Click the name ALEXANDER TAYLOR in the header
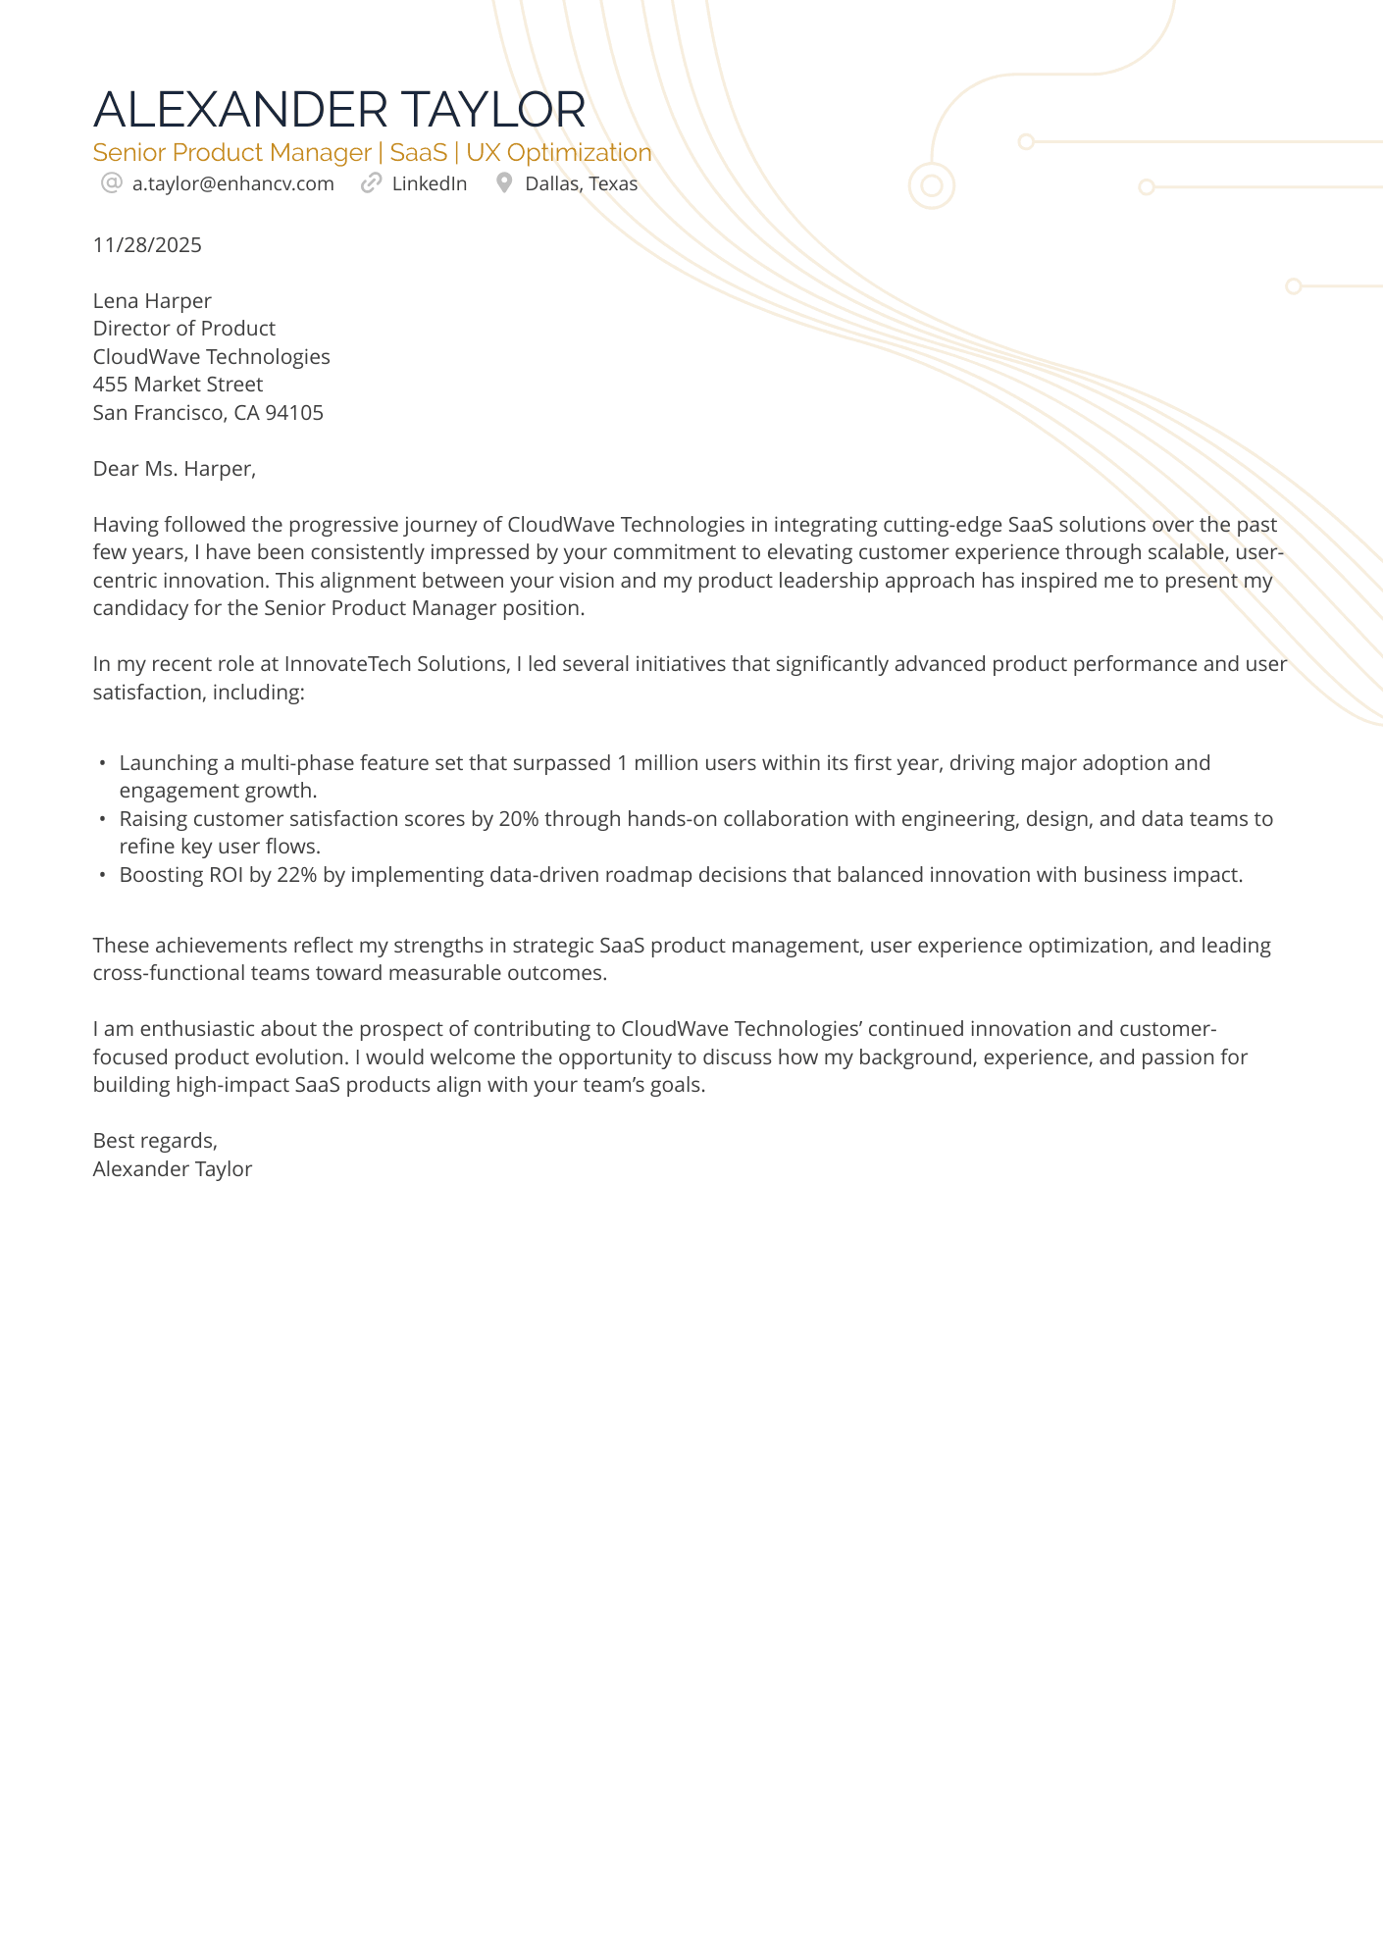pyautogui.click(x=339, y=109)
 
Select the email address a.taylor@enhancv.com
pyautogui.click(x=233, y=183)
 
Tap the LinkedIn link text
pyautogui.click(x=429, y=183)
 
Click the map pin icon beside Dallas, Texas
pyautogui.click(x=504, y=183)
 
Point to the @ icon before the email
pyautogui.click(x=111, y=183)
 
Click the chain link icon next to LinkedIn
pyautogui.click(x=371, y=183)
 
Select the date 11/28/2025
pyautogui.click(x=147, y=245)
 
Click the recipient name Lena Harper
pyautogui.click(x=152, y=301)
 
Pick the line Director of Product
pyautogui.click(x=183, y=329)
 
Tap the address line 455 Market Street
pyautogui.click(x=178, y=385)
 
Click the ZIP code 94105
pyautogui.click(x=294, y=413)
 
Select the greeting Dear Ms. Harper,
pyautogui.click(x=174, y=469)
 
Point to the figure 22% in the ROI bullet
pyautogui.click(x=297, y=875)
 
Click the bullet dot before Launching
pyautogui.click(x=102, y=763)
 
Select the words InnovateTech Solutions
pyautogui.click(x=395, y=664)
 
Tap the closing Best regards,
pyautogui.click(x=155, y=1141)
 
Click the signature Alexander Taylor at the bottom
pyautogui.click(x=172, y=1169)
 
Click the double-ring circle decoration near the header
pyautogui.click(x=932, y=185)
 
